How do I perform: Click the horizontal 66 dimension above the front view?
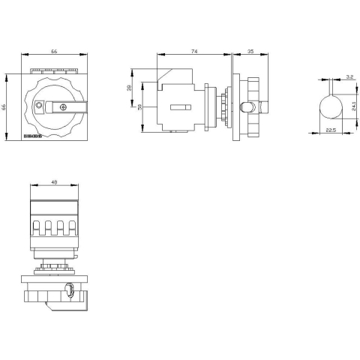tap(53, 52)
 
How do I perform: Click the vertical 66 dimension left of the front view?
tap(5, 107)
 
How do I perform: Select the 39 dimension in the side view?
tap(129, 88)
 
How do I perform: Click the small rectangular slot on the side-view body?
tap(181, 108)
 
